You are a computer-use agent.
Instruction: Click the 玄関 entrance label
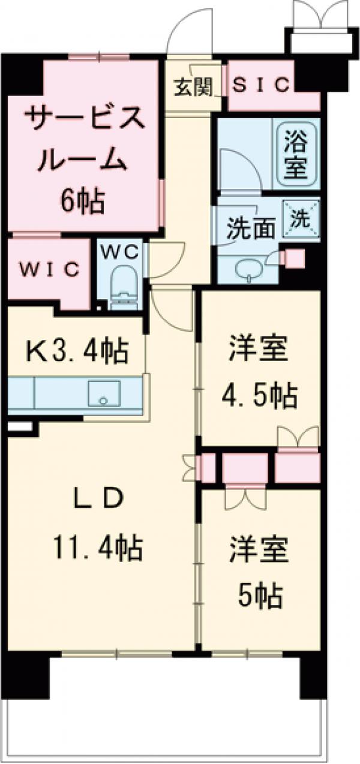(x=194, y=88)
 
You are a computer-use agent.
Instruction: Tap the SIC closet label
(x=261, y=85)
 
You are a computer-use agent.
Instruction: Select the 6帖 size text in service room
(x=82, y=201)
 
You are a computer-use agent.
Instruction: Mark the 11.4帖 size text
(x=100, y=546)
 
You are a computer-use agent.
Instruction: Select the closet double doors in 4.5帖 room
(x=297, y=437)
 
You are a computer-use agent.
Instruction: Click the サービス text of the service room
(x=83, y=119)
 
